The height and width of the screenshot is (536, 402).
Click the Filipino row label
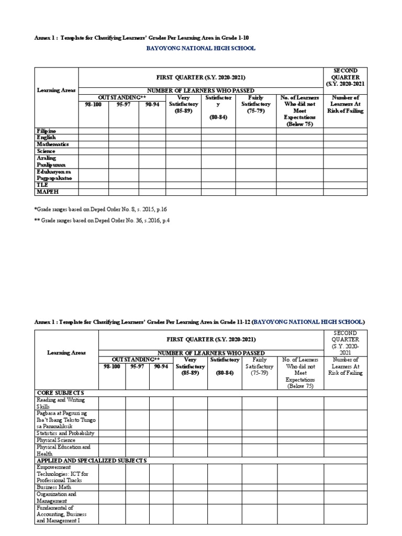(46, 130)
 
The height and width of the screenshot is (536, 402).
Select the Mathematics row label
(52, 144)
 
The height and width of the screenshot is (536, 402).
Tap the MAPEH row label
(46, 192)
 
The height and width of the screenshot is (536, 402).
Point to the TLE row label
(42, 185)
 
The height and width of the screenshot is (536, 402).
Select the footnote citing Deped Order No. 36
(102, 220)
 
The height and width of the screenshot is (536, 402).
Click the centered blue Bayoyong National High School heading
(201, 48)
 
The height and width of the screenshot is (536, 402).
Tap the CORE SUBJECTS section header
(60, 393)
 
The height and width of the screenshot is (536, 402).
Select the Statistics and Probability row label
(65, 433)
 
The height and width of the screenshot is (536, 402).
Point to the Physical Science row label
(56, 440)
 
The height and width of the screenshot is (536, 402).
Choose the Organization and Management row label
(56, 497)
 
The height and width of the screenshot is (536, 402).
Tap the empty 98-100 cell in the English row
(93, 137)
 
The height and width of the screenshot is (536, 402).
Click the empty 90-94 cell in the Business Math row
(161, 487)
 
